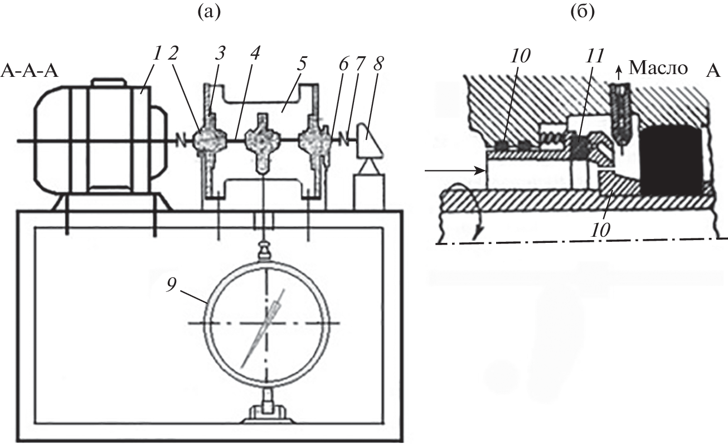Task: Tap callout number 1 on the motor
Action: click(x=157, y=53)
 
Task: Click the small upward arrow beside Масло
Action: click(x=619, y=69)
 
